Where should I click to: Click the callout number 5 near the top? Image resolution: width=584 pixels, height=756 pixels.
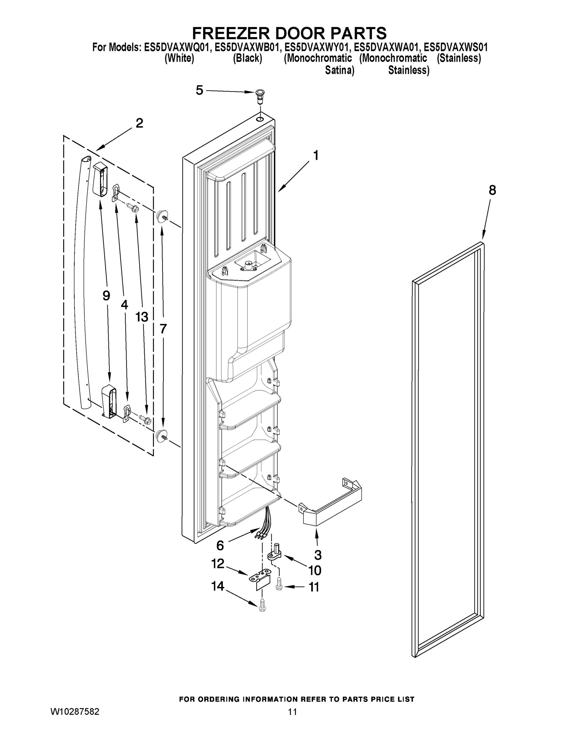point(199,90)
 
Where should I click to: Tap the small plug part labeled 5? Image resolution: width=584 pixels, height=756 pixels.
point(259,94)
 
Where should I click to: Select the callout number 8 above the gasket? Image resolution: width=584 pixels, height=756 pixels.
point(492,190)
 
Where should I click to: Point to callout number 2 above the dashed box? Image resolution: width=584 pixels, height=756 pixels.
point(139,123)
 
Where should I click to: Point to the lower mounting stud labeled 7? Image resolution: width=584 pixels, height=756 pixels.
point(161,436)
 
